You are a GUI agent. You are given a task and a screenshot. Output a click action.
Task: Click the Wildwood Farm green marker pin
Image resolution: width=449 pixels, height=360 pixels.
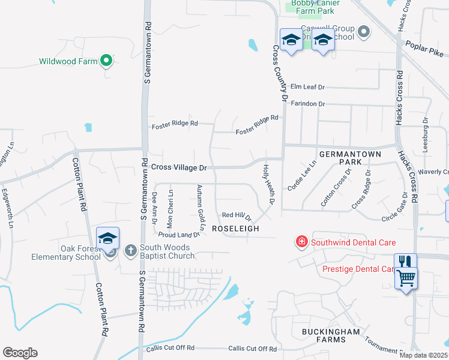(x=106, y=60)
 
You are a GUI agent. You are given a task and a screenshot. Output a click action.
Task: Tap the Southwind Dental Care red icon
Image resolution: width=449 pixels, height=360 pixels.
(x=301, y=242)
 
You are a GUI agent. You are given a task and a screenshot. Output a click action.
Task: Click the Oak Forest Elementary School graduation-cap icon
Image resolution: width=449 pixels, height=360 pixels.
(x=108, y=239)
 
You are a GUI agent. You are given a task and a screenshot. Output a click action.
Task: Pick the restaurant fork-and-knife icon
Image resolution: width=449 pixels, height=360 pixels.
(x=405, y=262)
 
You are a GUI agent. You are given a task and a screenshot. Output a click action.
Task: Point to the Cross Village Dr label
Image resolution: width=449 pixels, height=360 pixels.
(x=178, y=168)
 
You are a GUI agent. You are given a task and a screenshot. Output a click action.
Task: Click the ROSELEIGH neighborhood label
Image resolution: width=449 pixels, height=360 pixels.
(x=235, y=229)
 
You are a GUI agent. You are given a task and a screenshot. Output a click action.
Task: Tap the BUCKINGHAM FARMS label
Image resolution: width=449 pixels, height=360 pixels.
(x=322, y=335)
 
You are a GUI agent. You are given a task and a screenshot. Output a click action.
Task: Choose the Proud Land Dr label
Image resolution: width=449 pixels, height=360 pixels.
(x=179, y=235)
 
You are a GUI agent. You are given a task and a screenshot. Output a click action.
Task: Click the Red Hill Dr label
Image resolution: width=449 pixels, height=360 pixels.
(x=237, y=215)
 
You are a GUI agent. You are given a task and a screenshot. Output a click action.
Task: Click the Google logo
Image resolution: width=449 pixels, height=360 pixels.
(x=20, y=352)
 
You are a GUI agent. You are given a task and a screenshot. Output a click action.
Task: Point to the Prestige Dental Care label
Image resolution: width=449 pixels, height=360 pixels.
(x=358, y=269)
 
